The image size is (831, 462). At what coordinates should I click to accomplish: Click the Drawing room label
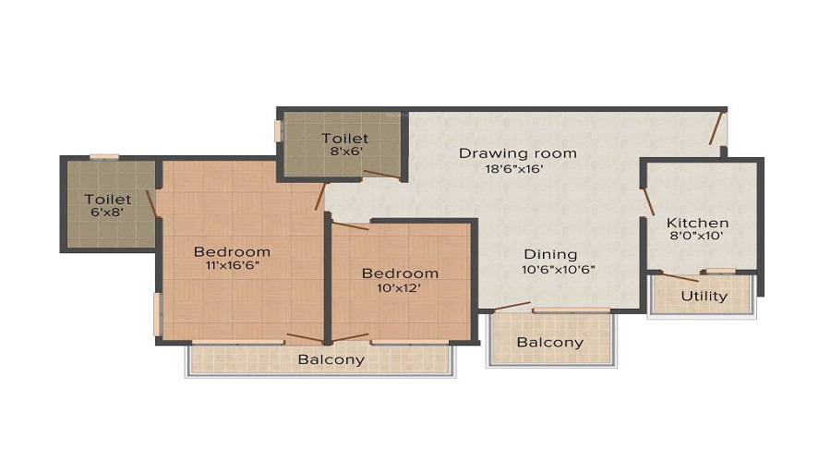tap(517, 152)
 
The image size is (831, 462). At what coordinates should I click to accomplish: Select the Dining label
tap(550, 254)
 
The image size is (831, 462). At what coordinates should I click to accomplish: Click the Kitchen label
tap(698, 223)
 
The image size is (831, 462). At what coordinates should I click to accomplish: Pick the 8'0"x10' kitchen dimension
tap(698, 237)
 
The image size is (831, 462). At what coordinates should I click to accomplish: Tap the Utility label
tap(704, 297)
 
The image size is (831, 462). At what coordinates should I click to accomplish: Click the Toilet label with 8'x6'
tap(344, 139)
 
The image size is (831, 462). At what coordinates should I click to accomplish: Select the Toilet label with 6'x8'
tap(108, 199)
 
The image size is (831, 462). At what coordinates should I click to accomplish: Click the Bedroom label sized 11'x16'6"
tap(232, 251)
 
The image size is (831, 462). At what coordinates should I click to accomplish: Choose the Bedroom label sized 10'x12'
tap(400, 274)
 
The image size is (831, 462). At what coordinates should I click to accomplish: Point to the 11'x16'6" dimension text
tap(232, 266)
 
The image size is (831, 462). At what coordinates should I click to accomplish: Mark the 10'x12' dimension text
tap(400, 288)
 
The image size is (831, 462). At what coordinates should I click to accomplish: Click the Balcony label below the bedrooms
tap(331, 359)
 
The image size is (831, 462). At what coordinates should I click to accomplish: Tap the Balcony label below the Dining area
tap(549, 342)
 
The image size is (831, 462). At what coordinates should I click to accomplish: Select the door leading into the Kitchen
tap(648, 201)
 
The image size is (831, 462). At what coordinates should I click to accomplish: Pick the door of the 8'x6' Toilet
tap(381, 173)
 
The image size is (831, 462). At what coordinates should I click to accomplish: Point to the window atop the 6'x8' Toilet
tap(103, 157)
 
